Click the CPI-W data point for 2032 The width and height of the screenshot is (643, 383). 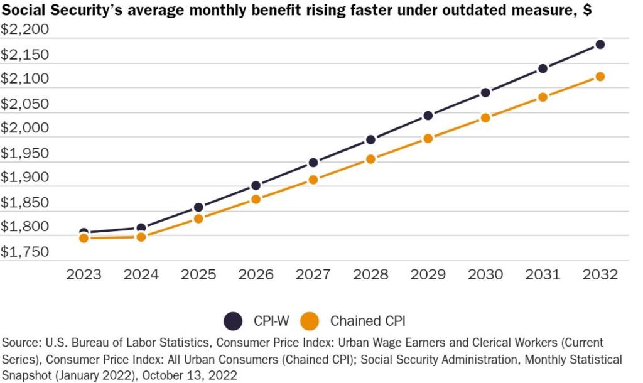tap(600, 45)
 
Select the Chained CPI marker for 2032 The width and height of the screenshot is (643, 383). tap(600, 77)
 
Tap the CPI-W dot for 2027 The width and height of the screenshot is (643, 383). tap(313, 163)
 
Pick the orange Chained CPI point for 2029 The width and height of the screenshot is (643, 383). tap(428, 138)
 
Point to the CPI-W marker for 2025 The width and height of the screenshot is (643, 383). tap(198, 207)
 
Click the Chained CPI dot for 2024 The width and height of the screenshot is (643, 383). tap(141, 237)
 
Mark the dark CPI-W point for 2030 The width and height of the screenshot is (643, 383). tap(485, 92)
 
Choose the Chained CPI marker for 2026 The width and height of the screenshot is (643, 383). tap(256, 199)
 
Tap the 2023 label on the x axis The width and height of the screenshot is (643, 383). tap(84, 274)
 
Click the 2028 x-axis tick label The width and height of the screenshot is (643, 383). tap(370, 274)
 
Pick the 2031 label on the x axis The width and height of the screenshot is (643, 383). tap(543, 274)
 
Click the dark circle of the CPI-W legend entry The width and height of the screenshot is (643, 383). tap(232, 321)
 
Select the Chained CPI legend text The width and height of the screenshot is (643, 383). tap(367, 321)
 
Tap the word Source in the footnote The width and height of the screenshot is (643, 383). tap(21, 343)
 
